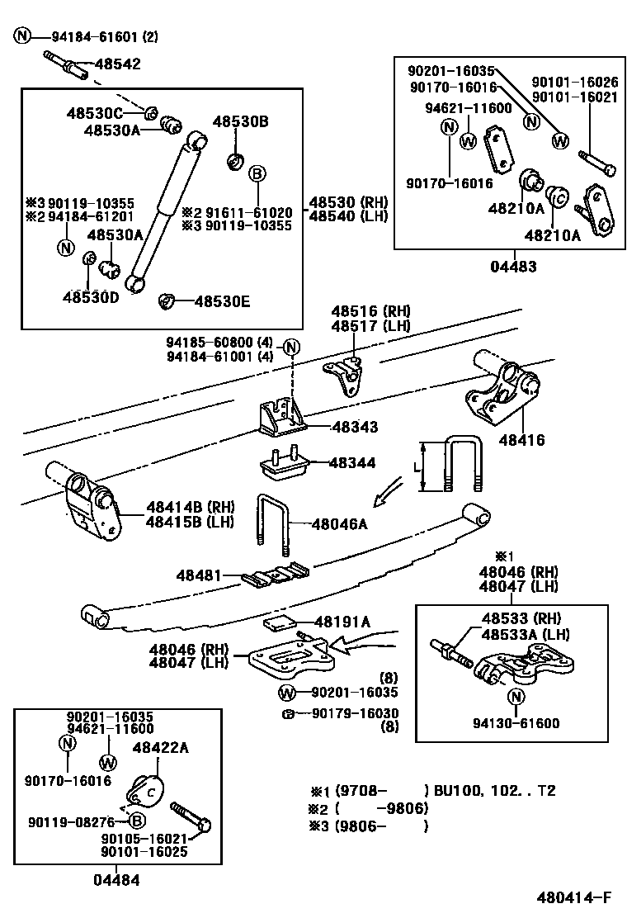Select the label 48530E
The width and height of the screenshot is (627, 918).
point(221,302)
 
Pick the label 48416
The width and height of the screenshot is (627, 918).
point(521,441)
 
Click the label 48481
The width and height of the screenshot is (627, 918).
point(198,575)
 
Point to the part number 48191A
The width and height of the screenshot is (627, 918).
point(342,622)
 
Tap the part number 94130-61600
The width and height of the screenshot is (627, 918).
point(516,724)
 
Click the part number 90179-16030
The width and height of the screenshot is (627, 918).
point(355,713)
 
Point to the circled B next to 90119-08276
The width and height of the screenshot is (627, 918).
point(137,821)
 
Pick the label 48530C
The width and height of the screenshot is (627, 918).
point(95,113)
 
